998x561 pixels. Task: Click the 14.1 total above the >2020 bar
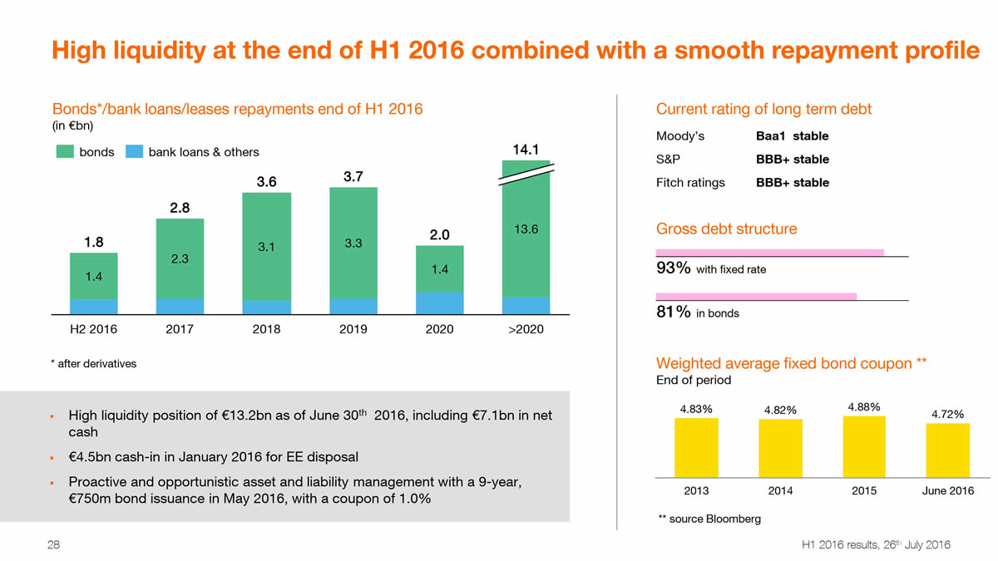click(x=526, y=150)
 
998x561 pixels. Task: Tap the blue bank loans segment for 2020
click(x=440, y=303)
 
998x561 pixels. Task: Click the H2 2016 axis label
click(x=93, y=330)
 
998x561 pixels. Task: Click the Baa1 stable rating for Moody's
click(x=792, y=136)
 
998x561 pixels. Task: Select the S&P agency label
click(x=668, y=160)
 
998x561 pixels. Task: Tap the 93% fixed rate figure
click(x=674, y=268)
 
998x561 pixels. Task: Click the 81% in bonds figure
click(x=674, y=312)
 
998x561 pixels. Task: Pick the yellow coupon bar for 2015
click(x=864, y=446)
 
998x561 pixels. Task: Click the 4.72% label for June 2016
click(x=947, y=414)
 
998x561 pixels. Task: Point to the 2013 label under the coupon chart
click(x=696, y=491)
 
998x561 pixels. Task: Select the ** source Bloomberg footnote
click(x=709, y=519)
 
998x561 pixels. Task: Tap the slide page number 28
click(x=53, y=545)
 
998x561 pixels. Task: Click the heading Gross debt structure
click(x=726, y=229)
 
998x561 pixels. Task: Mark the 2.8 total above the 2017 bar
click(x=180, y=208)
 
